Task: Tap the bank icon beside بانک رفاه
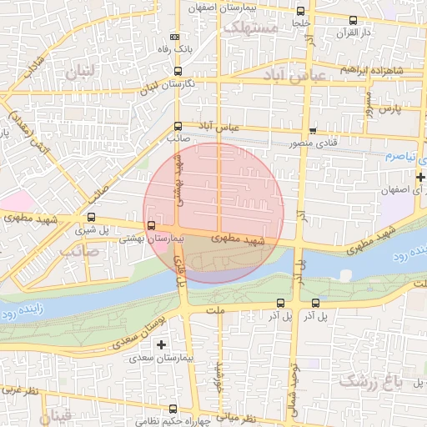pyautogui.click(x=174, y=38)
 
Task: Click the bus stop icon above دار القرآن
pyautogui.click(x=352, y=20)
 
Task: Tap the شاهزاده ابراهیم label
pyautogui.click(x=372, y=69)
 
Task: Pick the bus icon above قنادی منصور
pyautogui.click(x=313, y=131)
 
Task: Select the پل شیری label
pyautogui.click(x=90, y=229)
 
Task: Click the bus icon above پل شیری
pyautogui.click(x=91, y=217)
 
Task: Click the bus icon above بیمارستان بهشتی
pyautogui.click(x=151, y=225)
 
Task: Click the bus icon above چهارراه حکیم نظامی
pyautogui.click(x=173, y=409)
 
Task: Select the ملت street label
pyautogui.click(x=221, y=310)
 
